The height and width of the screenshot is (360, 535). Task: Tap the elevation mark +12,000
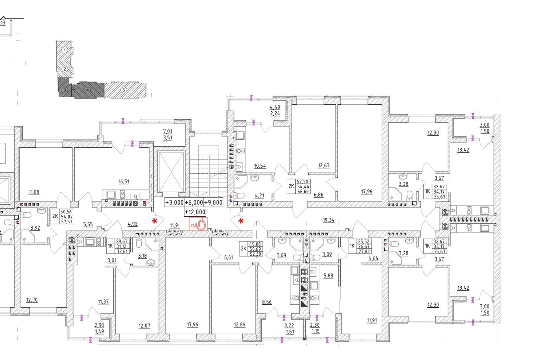[x=195, y=212]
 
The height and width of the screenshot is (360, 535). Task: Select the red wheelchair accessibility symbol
[x=198, y=224]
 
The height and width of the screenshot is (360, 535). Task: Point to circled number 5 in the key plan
[x=124, y=90]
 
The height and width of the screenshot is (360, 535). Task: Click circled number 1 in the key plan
[x=64, y=50]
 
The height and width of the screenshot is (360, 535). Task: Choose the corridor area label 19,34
[x=329, y=220]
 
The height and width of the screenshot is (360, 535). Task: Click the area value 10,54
[x=260, y=166]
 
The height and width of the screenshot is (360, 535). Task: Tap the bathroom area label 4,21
[x=259, y=196]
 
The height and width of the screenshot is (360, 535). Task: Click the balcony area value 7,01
[x=168, y=131]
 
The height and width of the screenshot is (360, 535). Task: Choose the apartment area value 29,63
[x=121, y=241]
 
